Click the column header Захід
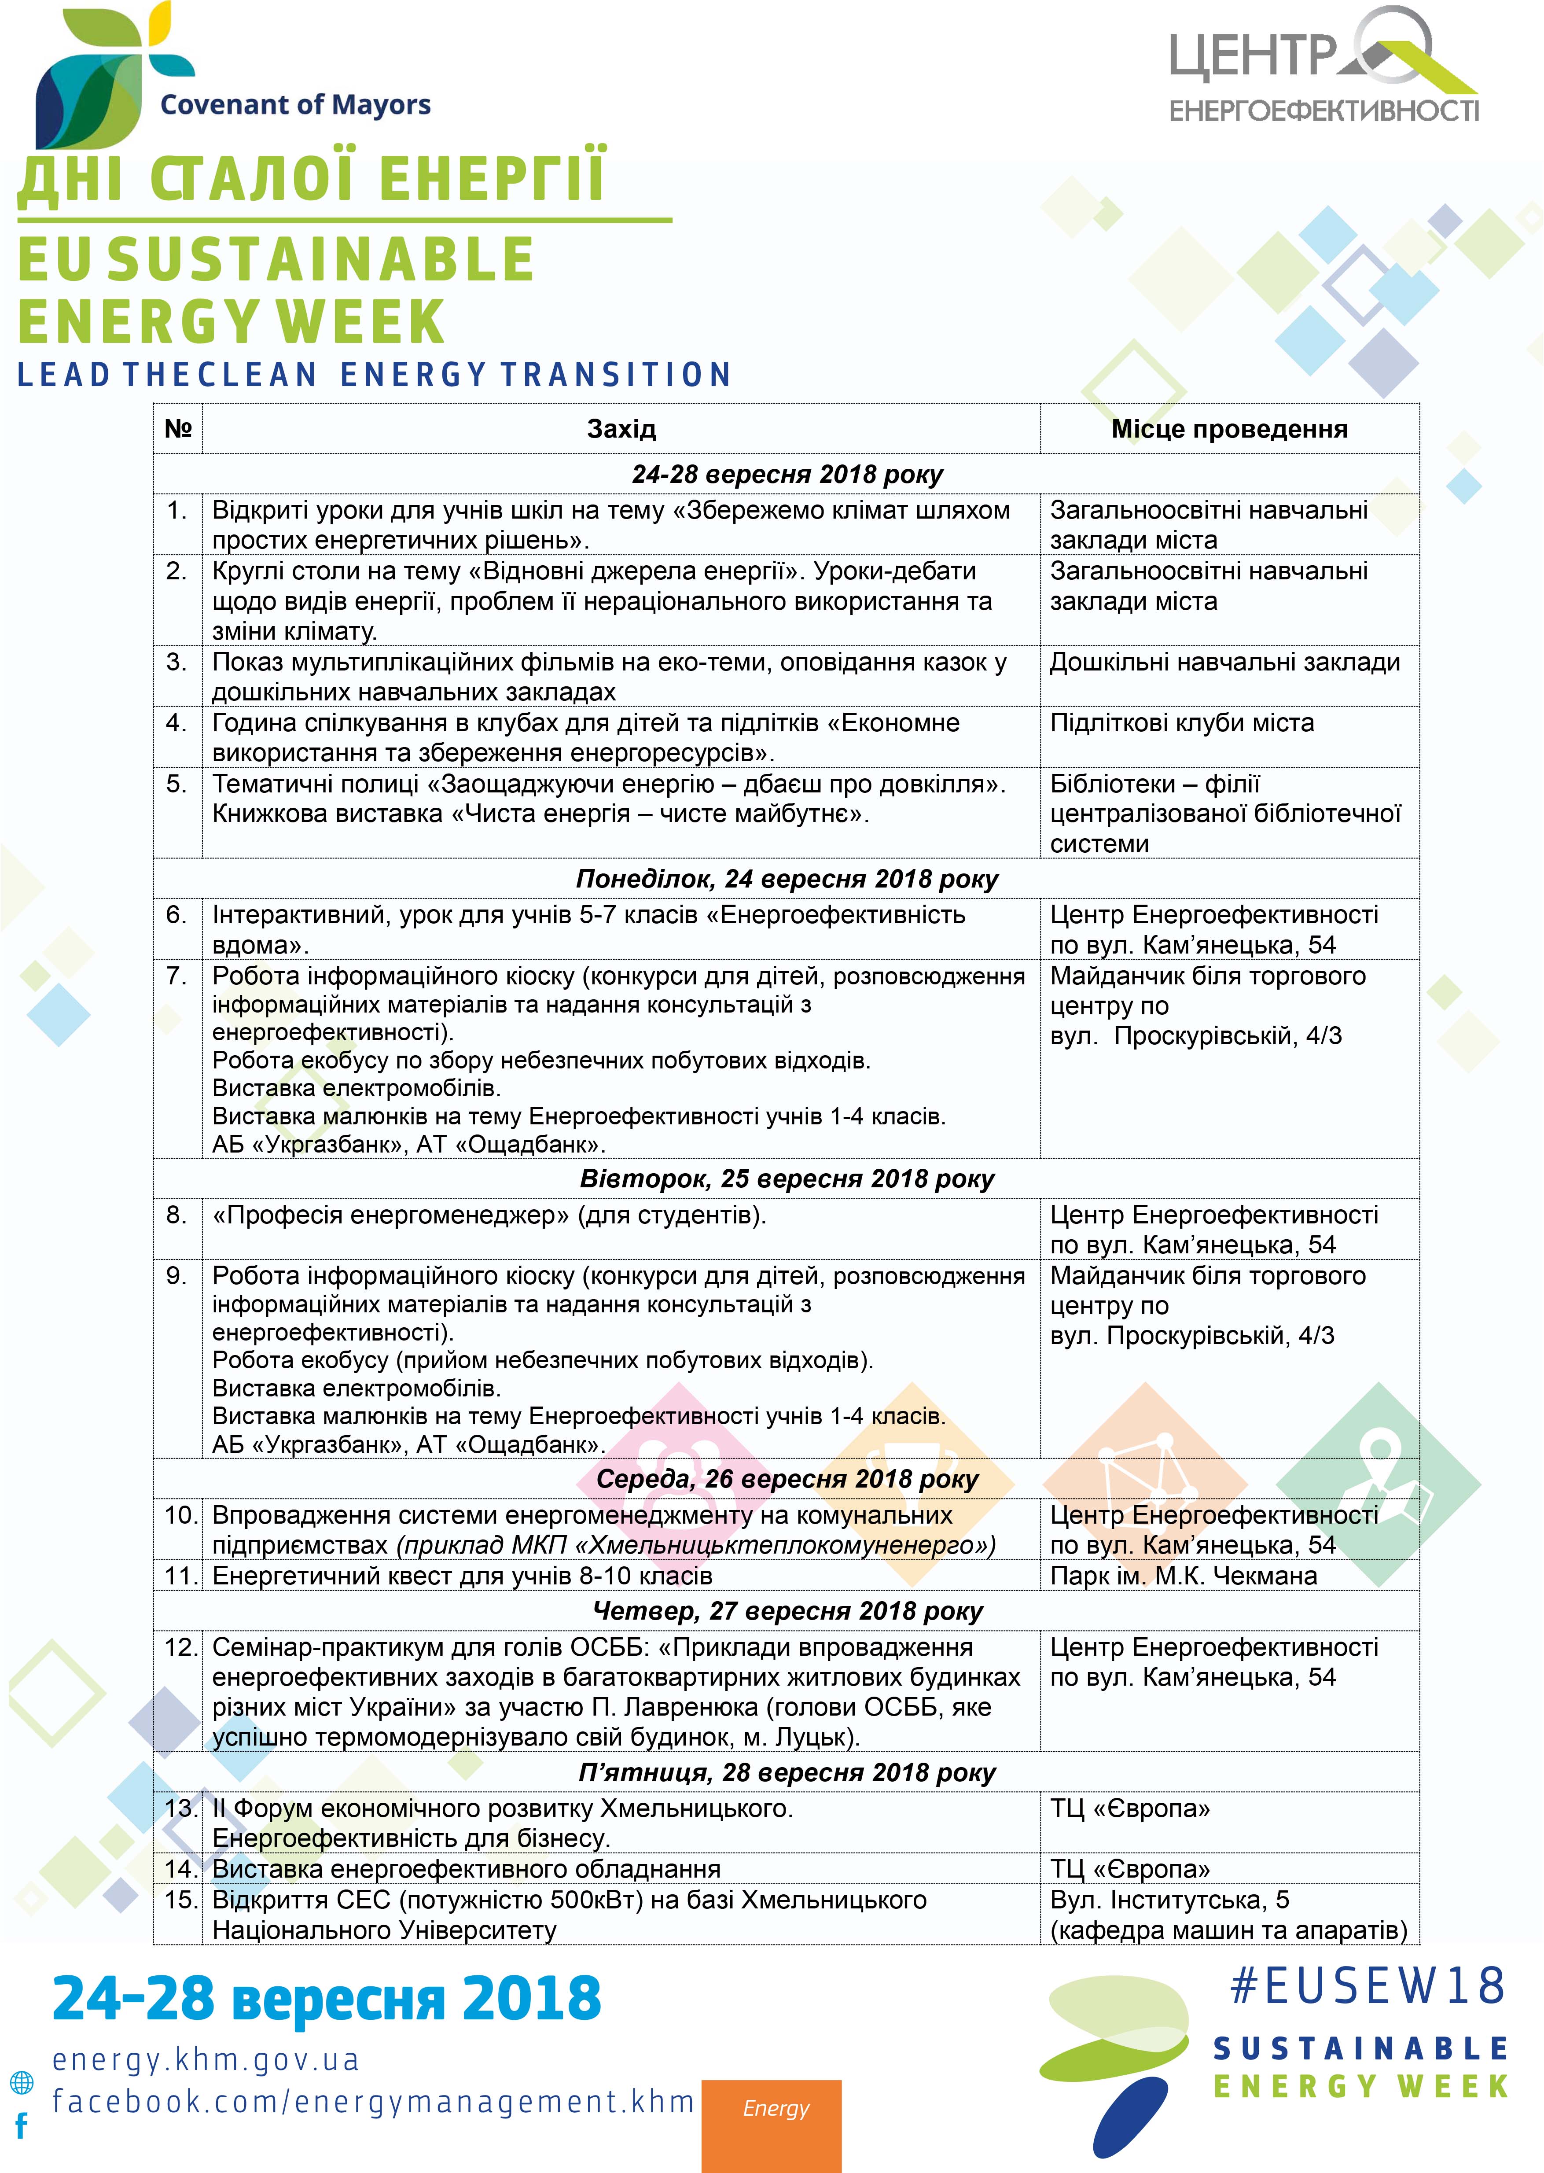[621, 429]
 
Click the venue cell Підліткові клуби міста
[1182, 723]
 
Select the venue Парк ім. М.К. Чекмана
[1183, 1576]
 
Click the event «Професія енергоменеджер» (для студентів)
[489, 1215]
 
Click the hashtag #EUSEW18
[1367, 1987]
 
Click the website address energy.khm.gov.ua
[206, 2060]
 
